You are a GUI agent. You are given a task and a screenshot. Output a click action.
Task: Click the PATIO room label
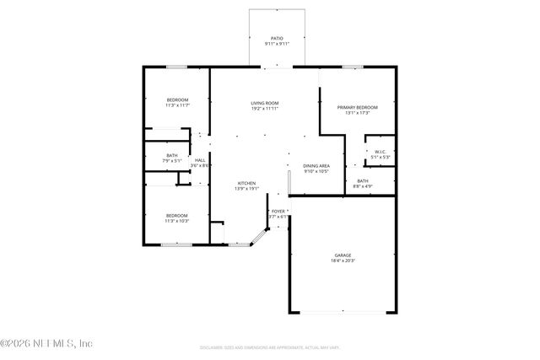pyautogui.click(x=276, y=38)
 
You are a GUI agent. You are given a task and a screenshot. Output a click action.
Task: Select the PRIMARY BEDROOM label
pyautogui.click(x=357, y=107)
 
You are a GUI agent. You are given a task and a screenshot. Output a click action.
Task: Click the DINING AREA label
pyautogui.click(x=316, y=166)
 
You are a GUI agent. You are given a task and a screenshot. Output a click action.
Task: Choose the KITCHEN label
pyautogui.click(x=246, y=183)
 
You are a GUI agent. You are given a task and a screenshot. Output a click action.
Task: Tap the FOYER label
pyautogui.click(x=278, y=211)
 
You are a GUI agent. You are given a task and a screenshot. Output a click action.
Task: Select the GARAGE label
pyautogui.click(x=342, y=255)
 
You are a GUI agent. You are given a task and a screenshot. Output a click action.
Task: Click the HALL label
pyautogui.click(x=200, y=160)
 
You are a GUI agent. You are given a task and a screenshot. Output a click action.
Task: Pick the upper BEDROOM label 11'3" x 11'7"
pyautogui.click(x=176, y=99)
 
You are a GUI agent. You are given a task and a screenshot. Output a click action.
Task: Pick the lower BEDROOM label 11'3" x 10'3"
pyautogui.click(x=176, y=215)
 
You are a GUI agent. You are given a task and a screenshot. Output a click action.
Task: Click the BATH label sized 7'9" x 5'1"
pyautogui.click(x=172, y=155)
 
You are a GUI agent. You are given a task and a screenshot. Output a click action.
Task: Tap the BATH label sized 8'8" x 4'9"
pyautogui.click(x=362, y=180)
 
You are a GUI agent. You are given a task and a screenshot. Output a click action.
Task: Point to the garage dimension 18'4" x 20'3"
pyautogui.click(x=342, y=261)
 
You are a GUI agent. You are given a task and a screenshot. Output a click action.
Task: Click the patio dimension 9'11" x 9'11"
pyautogui.click(x=276, y=44)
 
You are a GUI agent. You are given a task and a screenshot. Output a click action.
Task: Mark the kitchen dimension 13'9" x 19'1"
pyautogui.click(x=246, y=189)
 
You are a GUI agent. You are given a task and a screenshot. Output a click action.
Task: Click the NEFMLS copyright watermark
pyautogui.click(x=46, y=343)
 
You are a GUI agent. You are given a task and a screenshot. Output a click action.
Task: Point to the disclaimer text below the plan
pyautogui.click(x=270, y=347)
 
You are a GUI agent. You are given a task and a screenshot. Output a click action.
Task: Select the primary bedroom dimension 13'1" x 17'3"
pyautogui.click(x=357, y=113)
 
